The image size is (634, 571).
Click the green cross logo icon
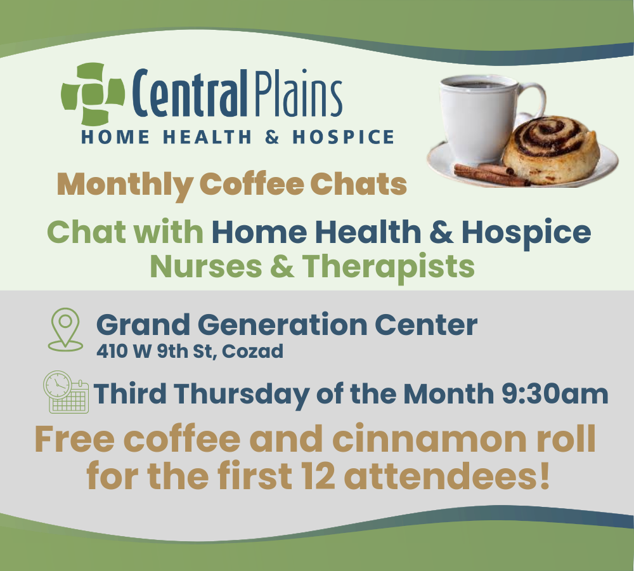click(93, 94)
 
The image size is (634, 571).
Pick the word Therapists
click(389, 266)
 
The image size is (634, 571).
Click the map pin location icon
click(66, 329)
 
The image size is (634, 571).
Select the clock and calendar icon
click(65, 391)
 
